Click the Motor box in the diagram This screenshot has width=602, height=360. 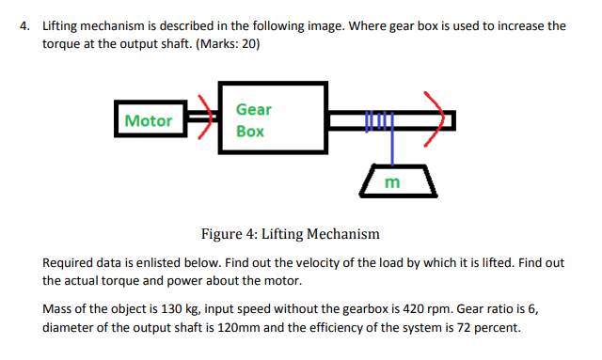(x=149, y=120)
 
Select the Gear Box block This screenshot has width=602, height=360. (x=272, y=120)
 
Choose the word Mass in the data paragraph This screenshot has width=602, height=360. (x=61, y=309)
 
